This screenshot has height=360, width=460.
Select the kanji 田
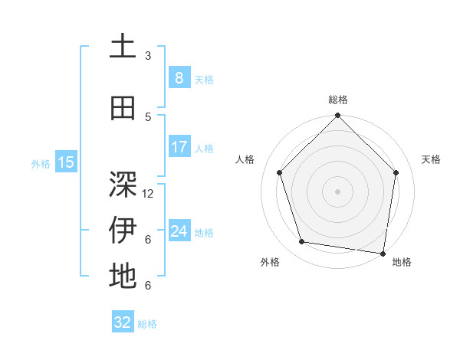pos(123,109)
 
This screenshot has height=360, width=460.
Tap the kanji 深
pos(123,185)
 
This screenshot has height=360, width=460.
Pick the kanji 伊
pos(123,231)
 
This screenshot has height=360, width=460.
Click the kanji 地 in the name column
pos(123,277)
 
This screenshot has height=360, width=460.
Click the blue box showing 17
pos(179,147)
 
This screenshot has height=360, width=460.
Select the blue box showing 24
pos(179,231)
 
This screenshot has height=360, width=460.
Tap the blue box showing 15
pos(66,162)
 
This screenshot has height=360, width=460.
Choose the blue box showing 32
pos(123,322)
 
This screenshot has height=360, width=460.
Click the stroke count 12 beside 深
pos(149,194)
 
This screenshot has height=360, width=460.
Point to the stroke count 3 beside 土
pos(148,56)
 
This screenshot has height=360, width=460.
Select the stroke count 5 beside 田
pos(148,117)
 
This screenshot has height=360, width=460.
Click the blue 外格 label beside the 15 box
pos(40,163)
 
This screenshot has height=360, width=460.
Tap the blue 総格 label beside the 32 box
pos(147,324)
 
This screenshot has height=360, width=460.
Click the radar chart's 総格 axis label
pos(338,100)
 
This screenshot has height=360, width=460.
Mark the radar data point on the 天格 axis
pos(396,172)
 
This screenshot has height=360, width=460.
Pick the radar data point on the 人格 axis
pos(279,172)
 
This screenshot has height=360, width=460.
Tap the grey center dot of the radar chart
pos(338,191)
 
